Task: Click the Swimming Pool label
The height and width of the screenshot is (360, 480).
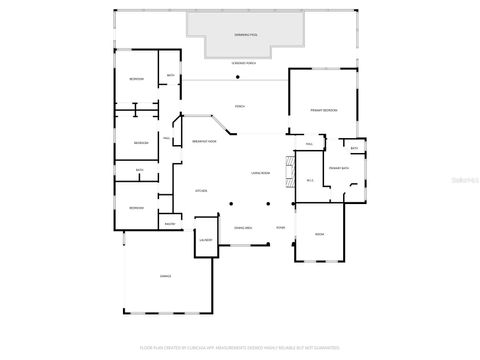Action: [x=246, y=35]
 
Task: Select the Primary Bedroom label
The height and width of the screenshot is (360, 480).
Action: [x=323, y=110]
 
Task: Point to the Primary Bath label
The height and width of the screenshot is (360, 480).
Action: [x=338, y=168]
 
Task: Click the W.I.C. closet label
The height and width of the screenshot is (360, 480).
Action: [x=311, y=181]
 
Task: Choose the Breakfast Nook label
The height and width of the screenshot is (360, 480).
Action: [x=205, y=142]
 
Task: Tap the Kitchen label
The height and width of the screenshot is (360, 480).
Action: [x=200, y=190]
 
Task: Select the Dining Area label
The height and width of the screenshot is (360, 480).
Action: [x=242, y=228]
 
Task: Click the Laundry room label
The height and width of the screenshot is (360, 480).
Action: [x=205, y=241]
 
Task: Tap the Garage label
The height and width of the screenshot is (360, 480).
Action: [x=165, y=276]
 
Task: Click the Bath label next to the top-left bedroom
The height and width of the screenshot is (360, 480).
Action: [x=170, y=76]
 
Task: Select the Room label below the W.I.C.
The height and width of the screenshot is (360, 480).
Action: [x=320, y=234]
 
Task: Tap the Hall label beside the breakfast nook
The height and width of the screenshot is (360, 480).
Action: [x=166, y=139]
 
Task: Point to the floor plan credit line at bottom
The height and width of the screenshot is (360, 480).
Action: [x=240, y=347]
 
